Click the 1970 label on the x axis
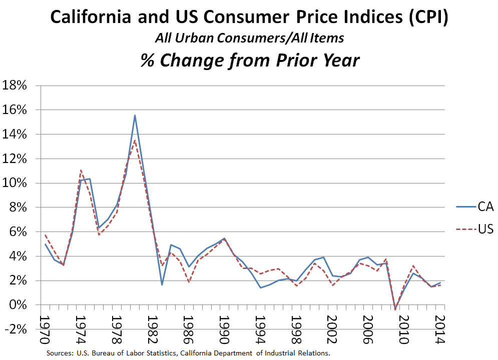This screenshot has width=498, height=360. point(46,329)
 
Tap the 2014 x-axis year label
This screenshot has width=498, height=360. point(440,329)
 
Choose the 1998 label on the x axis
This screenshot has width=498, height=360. point(296,329)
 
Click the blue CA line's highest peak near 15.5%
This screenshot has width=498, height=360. point(135,115)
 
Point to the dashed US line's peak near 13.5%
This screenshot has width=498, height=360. point(135,140)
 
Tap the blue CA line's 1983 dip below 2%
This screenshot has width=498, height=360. point(162,284)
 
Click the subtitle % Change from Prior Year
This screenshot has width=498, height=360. point(249,60)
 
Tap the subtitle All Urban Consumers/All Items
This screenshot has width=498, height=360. point(249,38)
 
